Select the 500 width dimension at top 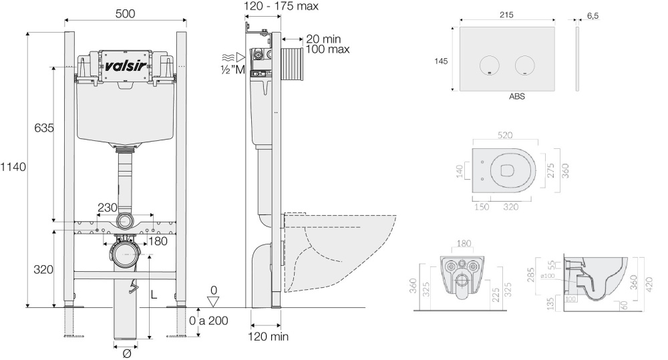[x=125, y=13]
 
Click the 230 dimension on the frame [x=108, y=208]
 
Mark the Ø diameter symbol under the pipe [x=126, y=353]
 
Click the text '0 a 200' [x=208, y=321]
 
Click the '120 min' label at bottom [x=269, y=337]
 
